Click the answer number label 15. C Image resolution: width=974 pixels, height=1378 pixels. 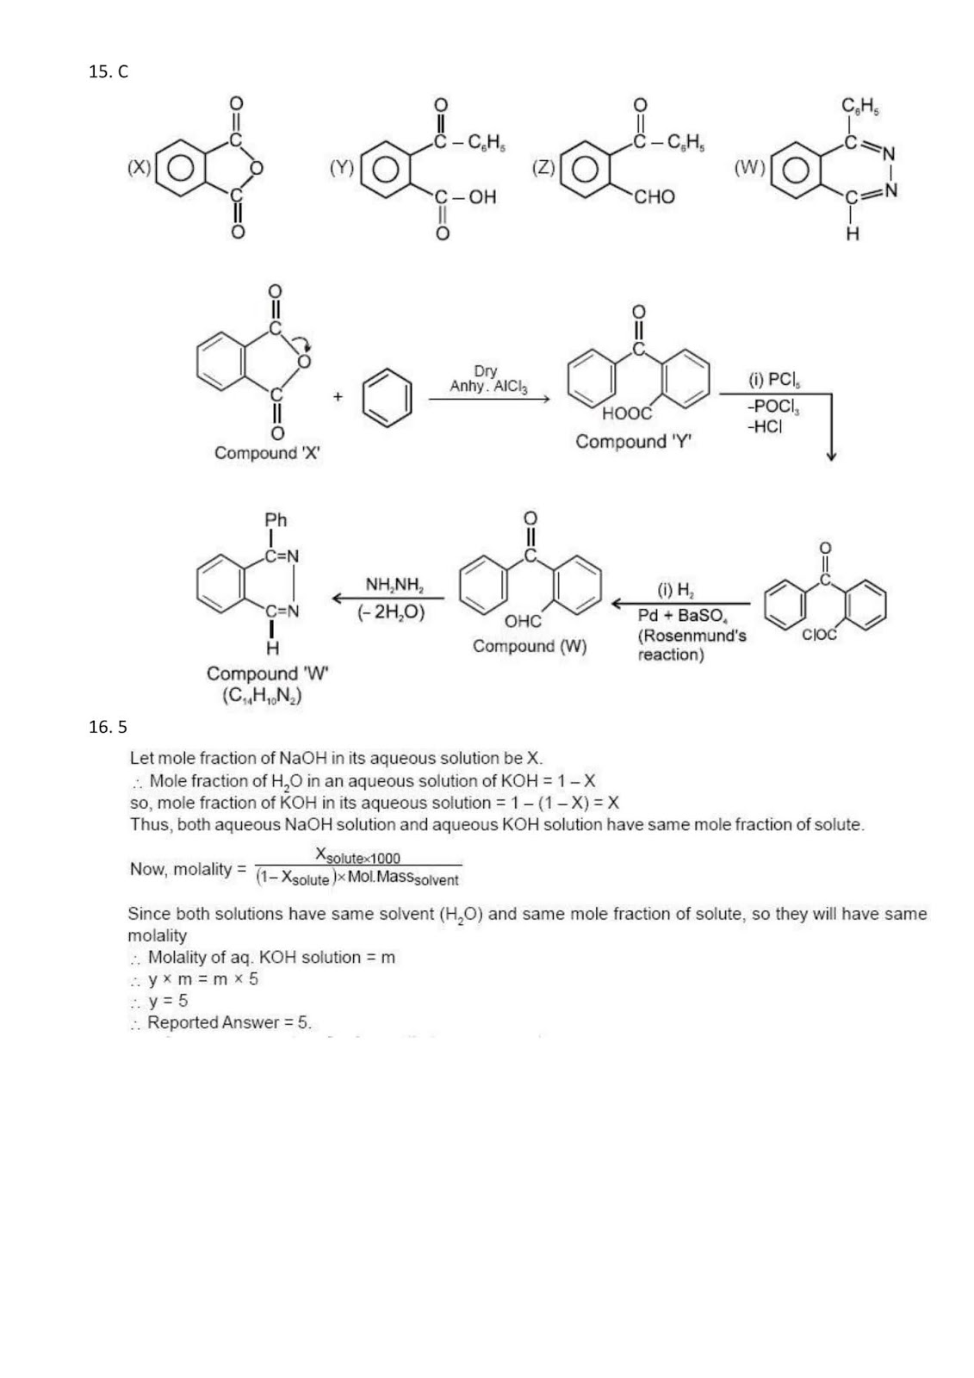pyautogui.click(x=108, y=72)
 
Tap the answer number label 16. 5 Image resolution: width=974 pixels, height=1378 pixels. pyautogui.click(x=108, y=727)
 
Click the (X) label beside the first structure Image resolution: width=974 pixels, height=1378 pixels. pyautogui.click(x=139, y=167)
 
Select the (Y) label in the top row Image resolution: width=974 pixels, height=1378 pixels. pyautogui.click(x=342, y=167)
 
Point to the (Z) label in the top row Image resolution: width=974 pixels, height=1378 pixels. pyautogui.click(x=543, y=167)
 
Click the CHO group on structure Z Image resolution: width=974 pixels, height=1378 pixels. pyautogui.click(x=655, y=197)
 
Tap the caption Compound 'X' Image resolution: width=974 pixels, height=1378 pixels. pyautogui.click(x=267, y=453)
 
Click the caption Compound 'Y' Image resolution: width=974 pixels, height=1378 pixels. pyautogui.click(x=634, y=442)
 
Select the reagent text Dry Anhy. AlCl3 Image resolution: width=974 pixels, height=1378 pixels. pyautogui.click(x=487, y=379)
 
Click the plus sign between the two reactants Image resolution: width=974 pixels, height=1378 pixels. pyautogui.click(x=338, y=396)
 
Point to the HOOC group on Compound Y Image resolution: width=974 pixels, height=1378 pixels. pyautogui.click(x=626, y=413)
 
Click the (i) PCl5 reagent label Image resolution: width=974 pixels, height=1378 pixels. pyautogui.click(x=773, y=379)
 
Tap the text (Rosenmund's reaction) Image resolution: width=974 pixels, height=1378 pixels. pyautogui.click(x=691, y=645)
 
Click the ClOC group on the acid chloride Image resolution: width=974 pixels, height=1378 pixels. pyautogui.click(x=819, y=635)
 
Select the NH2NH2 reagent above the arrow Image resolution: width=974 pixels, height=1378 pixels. pyautogui.click(x=394, y=586)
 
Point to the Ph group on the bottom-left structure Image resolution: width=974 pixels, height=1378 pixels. pyautogui.click(x=276, y=520)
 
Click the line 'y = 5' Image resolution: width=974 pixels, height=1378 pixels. pyautogui.click(x=167, y=1001)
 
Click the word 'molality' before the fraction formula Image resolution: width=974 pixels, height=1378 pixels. pyautogui.click(x=203, y=869)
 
